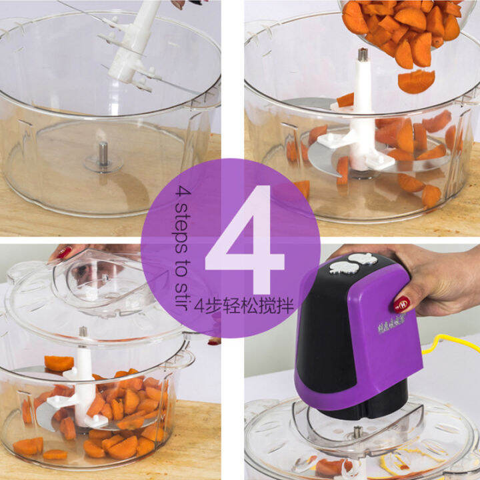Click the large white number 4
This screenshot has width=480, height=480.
pos(245,240)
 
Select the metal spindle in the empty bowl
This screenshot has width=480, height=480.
pos(103,154)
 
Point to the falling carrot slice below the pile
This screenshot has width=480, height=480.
pos(416,81)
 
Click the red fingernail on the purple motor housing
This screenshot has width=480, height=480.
pos(401,304)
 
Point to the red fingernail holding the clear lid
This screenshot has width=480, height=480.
pos(65,253)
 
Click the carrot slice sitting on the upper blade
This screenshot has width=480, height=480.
pos(59,363)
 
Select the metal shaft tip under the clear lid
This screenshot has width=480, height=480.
pos(83,331)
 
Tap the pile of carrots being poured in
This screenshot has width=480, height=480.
pos(400,27)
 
